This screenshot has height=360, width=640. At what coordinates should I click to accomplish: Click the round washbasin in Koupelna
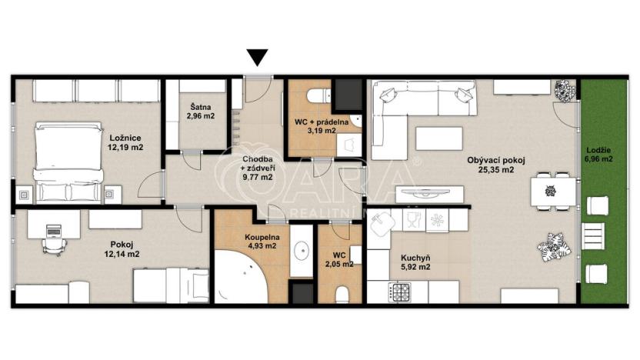coord(302,249)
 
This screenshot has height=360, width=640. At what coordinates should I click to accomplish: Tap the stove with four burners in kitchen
coord(402,292)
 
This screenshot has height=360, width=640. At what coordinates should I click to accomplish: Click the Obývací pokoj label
coord(496,161)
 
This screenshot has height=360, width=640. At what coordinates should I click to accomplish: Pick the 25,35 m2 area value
coord(497,171)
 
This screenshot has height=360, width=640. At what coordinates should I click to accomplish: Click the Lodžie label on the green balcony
coord(597,149)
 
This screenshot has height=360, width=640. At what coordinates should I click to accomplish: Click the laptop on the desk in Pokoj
coord(52,229)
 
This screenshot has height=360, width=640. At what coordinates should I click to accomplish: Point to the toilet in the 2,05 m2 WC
coord(344,292)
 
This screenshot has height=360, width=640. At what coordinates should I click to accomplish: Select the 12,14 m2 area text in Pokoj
coord(124,253)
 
